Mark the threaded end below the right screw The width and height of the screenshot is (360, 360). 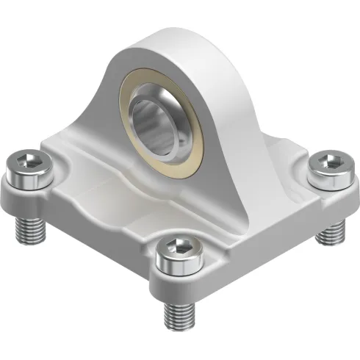(330, 233)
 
